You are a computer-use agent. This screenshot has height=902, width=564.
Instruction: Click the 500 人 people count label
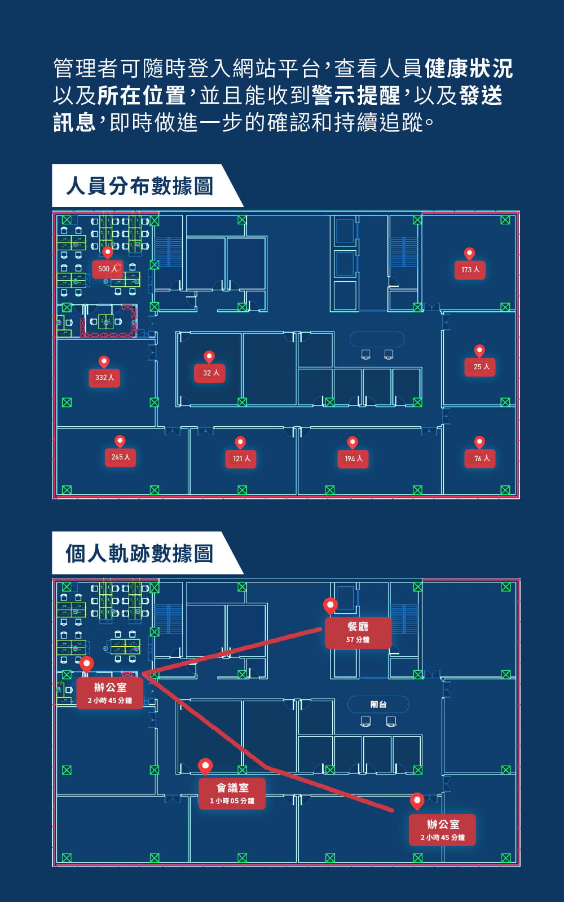point(107,269)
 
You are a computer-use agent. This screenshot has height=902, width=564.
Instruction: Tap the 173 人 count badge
point(470,270)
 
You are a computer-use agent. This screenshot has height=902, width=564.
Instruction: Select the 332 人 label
point(104,378)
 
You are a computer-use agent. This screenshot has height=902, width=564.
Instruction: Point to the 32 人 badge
point(210,373)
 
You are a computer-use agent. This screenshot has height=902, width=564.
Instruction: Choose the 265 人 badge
point(120,457)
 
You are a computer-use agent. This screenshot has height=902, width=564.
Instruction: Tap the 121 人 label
point(241,459)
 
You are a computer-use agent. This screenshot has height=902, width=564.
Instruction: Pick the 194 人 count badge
point(353,459)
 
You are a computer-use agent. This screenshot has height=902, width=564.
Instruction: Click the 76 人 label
point(481,459)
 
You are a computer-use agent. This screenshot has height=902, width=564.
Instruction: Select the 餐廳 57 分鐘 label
point(358,633)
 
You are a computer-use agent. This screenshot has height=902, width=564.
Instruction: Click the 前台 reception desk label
point(378,705)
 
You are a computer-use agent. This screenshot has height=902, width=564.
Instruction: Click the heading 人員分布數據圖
point(139,186)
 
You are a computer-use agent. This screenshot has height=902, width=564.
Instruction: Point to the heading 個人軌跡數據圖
point(139,554)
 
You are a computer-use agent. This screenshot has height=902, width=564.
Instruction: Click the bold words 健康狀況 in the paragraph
point(468,69)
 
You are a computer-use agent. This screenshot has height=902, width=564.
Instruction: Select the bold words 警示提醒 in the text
point(355,96)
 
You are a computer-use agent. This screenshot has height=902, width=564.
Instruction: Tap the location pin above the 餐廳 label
point(330,605)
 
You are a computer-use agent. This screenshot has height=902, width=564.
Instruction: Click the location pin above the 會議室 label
point(205,766)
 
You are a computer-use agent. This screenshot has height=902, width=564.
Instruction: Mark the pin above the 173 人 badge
point(469,253)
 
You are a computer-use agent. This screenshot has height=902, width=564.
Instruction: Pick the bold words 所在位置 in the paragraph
point(141,96)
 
